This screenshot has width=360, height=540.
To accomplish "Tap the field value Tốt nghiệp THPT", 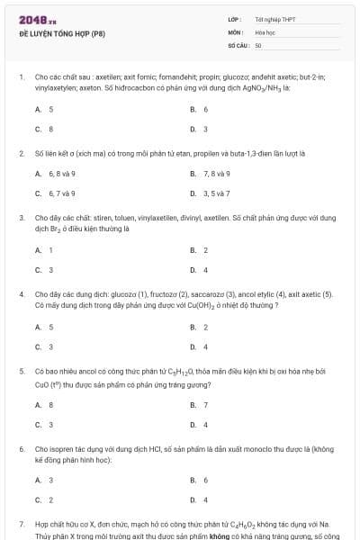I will point(274,19).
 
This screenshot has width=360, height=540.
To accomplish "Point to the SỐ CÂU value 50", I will point(258,44).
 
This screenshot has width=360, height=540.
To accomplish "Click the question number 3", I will point(21,217).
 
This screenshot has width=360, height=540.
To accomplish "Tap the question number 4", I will point(21,293).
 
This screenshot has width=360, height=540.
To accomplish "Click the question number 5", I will point(21,370).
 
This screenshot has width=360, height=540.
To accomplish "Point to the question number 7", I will point(21,523).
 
